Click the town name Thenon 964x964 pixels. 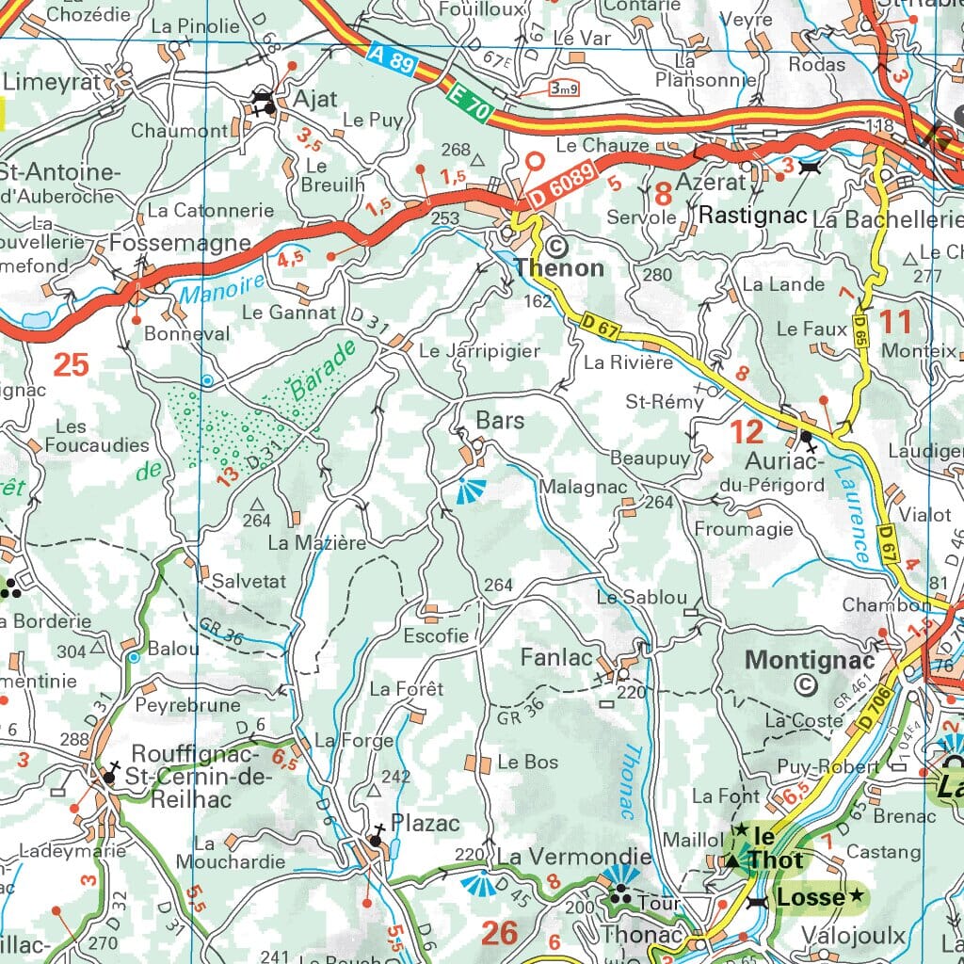tap(559, 267)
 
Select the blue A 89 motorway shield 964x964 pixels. tap(390, 63)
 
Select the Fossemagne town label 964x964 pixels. tap(180, 243)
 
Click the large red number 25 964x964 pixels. tap(72, 363)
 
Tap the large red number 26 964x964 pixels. tap(499, 932)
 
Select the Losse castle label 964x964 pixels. tap(810, 897)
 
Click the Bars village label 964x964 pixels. tap(500, 420)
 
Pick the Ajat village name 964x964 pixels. tap(314, 100)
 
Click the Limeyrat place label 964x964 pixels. tap(52, 81)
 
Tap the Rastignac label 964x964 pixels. tap(753, 216)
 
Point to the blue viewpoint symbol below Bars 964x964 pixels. tap(467, 490)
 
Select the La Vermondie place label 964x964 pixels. tap(573, 857)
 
